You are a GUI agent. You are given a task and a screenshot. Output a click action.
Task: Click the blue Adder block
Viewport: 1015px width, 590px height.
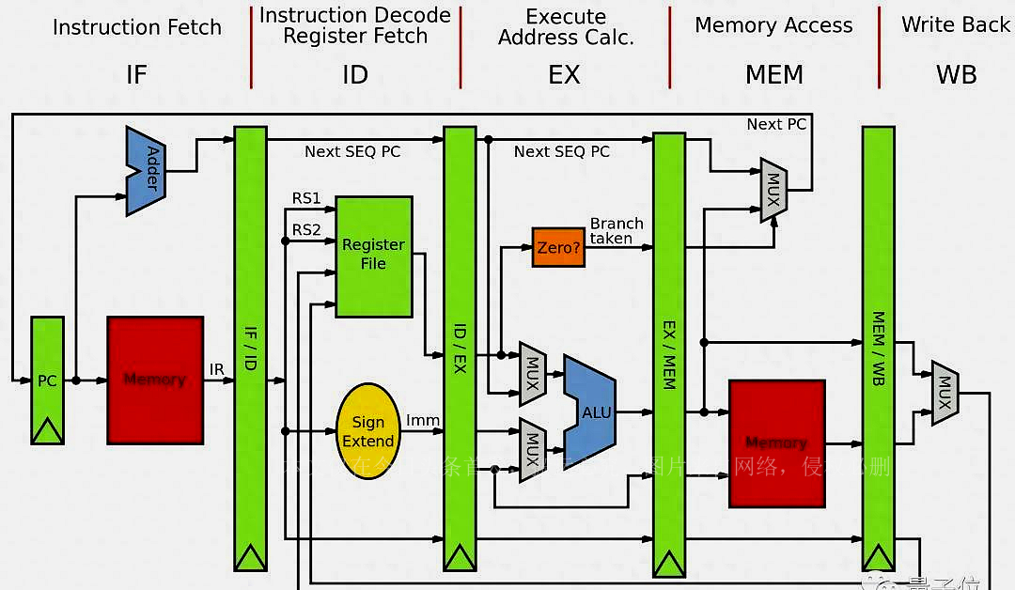[x=146, y=171]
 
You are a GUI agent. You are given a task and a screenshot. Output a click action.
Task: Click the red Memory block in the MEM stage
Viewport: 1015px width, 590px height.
[x=776, y=442]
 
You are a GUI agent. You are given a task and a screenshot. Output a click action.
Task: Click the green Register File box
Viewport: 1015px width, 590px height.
[x=374, y=256]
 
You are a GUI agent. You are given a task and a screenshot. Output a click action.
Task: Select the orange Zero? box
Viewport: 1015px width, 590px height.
[x=557, y=247]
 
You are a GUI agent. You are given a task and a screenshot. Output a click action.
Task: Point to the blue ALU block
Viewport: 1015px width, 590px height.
[x=591, y=411]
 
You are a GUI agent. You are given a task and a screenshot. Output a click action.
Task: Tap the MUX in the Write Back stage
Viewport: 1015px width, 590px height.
[x=945, y=393]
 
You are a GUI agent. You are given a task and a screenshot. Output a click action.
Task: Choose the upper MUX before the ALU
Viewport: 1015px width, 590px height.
[x=533, y=370]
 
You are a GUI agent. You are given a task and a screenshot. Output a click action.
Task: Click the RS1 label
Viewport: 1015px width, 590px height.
[x=306, y=198]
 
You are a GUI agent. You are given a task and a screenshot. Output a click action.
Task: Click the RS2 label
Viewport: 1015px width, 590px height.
[x=306, y=230]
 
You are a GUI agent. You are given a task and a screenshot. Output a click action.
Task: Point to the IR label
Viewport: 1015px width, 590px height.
[x=217, y=370]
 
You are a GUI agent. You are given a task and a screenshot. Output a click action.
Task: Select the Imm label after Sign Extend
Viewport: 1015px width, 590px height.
[x=423, y=420]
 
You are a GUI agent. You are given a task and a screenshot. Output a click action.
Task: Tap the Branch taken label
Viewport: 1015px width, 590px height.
[x=617, y=231]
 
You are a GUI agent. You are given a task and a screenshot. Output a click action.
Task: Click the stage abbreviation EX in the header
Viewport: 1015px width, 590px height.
[x=564, y=74]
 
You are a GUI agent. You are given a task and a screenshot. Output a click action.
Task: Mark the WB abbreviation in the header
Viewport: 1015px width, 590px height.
[x=956, y=74]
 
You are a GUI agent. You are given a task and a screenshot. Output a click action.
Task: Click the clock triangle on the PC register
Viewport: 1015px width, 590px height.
[x=47, y=432]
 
